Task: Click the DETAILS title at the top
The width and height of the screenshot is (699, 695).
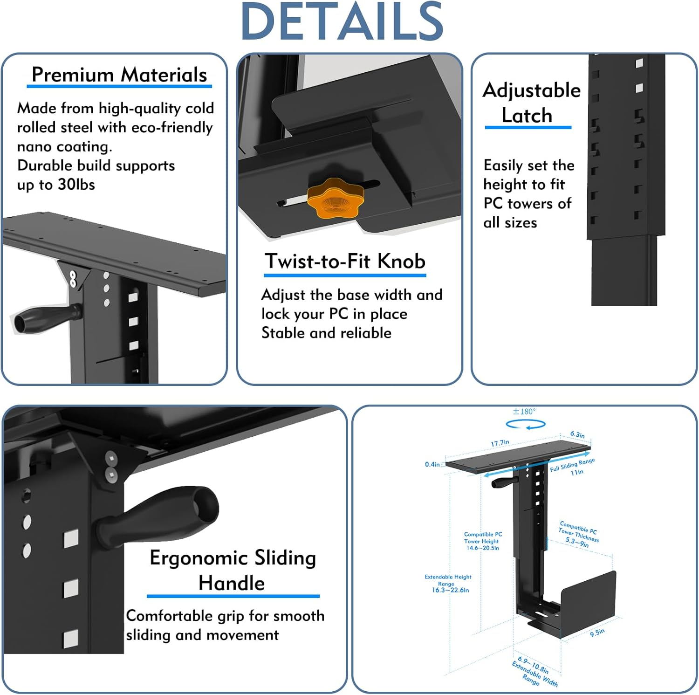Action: coord(342,21)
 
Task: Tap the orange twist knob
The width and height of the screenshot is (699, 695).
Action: coord(335,198)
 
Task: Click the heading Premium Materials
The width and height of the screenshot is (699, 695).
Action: coord(119,75)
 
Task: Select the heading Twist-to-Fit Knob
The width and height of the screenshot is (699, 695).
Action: coord(345,261)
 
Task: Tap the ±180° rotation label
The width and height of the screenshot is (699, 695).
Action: coord(524,412)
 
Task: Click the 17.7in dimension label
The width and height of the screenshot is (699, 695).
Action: coord(500,443)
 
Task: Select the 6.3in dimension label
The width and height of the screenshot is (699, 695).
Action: coord(577,434)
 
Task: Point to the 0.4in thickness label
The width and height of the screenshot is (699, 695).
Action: coord(432,464)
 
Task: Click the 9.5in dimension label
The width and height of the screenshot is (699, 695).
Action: coord(597,633)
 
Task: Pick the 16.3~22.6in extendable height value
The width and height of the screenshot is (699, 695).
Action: coord(450,590)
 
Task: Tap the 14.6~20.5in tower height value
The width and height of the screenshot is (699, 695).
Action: coord(483,548)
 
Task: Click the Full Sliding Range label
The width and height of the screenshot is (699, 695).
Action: coord(572,464)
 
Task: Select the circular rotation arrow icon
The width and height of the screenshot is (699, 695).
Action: coord(526,425)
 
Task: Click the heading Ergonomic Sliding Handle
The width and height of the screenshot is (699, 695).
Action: coord(233,570)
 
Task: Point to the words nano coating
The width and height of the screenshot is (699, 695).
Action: coord(64,146)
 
